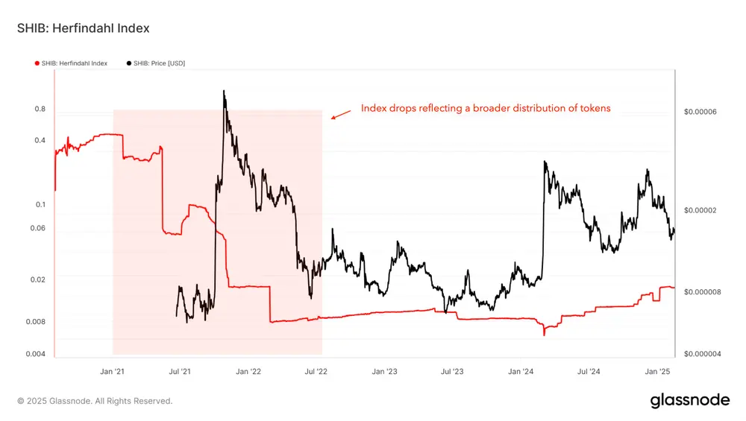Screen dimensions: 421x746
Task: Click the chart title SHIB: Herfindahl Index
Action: click(x=83, y=28)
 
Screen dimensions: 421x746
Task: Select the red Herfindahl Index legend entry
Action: click(x=72, y=63)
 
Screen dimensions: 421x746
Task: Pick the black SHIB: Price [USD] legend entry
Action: click(x=156, y=63)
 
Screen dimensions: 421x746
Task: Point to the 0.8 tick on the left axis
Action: click(x=40, y=110)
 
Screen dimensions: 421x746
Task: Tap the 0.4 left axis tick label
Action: click(x=40, y=140)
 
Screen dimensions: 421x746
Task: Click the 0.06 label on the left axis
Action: click(x=38, y=228)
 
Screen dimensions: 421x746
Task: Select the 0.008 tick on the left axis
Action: click(x=36, y=322)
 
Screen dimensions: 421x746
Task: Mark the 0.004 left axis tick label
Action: click(x=36, y=354)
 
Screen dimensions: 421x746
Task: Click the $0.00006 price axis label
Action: click(x=700, y=112)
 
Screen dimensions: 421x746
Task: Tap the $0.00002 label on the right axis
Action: click(x=700, y=210)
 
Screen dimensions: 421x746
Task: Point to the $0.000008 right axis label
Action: click(x=702, y=291)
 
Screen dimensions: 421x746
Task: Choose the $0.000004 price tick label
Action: click(x=702, y=354)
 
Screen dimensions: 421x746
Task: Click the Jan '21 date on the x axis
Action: click(x=112, y=371)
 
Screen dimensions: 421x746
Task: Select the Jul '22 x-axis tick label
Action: click(x=316, y=371)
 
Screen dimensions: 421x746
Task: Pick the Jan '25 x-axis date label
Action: click(x=657, y=371)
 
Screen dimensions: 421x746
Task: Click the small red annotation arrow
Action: click(x=341, y=114)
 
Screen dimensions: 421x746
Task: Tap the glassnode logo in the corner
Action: click(x=690, y=400)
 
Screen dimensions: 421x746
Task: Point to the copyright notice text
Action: click(x=95, y=401)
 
